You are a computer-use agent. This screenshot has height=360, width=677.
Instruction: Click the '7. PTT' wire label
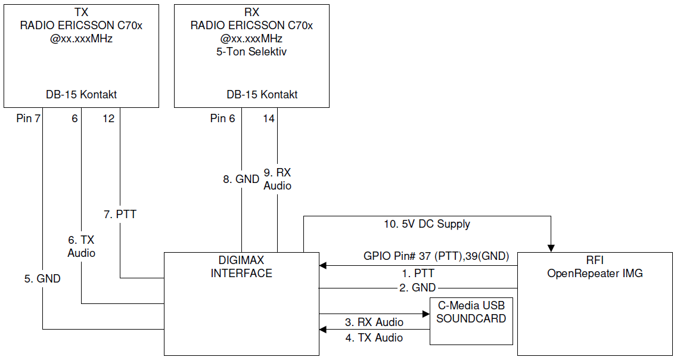coord(120,214)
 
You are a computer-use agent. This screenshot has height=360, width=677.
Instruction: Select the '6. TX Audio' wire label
coord(81,246)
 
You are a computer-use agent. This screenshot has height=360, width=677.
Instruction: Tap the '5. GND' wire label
coord(42,278)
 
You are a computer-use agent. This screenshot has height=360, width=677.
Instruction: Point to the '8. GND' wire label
coord(241,179)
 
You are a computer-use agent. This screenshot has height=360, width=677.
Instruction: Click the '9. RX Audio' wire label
coord(277,179)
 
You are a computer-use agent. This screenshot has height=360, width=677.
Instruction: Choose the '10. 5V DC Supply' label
coord(427,224)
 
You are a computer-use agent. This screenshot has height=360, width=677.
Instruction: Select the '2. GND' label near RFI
coord(417,288)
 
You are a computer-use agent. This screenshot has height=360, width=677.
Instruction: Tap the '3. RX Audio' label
coord(374,322)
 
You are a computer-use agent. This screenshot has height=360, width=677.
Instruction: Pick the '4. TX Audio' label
coord(374,338)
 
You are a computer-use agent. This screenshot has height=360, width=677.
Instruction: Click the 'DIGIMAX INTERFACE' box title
coord(241,267)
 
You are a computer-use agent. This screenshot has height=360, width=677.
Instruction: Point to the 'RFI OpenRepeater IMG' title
coord(595,267)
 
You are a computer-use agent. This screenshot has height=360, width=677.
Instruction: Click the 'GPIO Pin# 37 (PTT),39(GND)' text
coord(437,256)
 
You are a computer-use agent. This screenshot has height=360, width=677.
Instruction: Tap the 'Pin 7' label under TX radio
coord(29,119)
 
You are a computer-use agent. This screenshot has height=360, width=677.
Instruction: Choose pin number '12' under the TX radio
coord(108,119)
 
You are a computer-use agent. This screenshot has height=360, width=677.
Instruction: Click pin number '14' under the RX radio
coord(269,119)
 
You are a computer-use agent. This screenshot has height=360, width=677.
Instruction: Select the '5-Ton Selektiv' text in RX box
coord(251,52)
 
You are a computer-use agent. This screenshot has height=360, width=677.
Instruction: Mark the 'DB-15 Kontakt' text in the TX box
coord(81,94)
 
